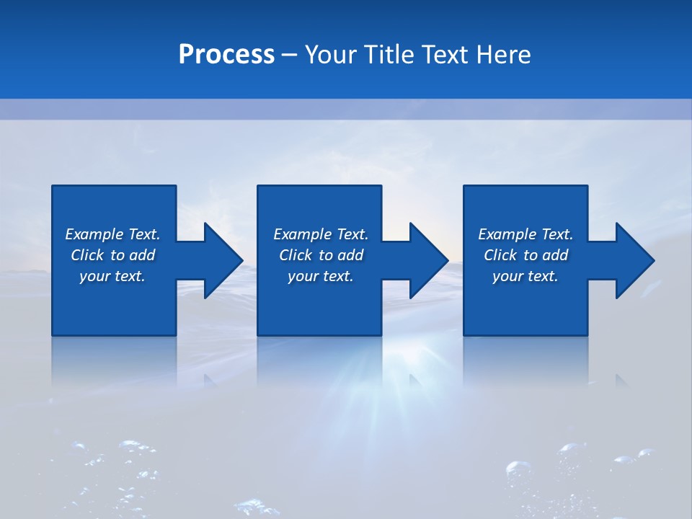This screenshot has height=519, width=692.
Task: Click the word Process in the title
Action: tap(226, 55)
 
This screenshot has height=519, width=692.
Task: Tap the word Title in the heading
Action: tap(389, 55)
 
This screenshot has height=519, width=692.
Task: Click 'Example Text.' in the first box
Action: tap(112, 234)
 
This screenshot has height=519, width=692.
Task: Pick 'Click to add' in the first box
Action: tap(112, 255)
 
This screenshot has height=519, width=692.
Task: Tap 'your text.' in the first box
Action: tap(112, 276)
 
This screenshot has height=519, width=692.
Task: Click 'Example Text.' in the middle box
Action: tap(321, 234)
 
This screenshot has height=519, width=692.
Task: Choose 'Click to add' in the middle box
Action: tap(321, 255)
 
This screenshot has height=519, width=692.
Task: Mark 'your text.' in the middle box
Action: tap(321, 276)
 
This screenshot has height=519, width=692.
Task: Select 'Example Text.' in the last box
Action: tap(525, 234)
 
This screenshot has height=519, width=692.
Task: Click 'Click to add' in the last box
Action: tap(525, 255)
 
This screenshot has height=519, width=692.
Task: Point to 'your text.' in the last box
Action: tap(525, 276)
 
